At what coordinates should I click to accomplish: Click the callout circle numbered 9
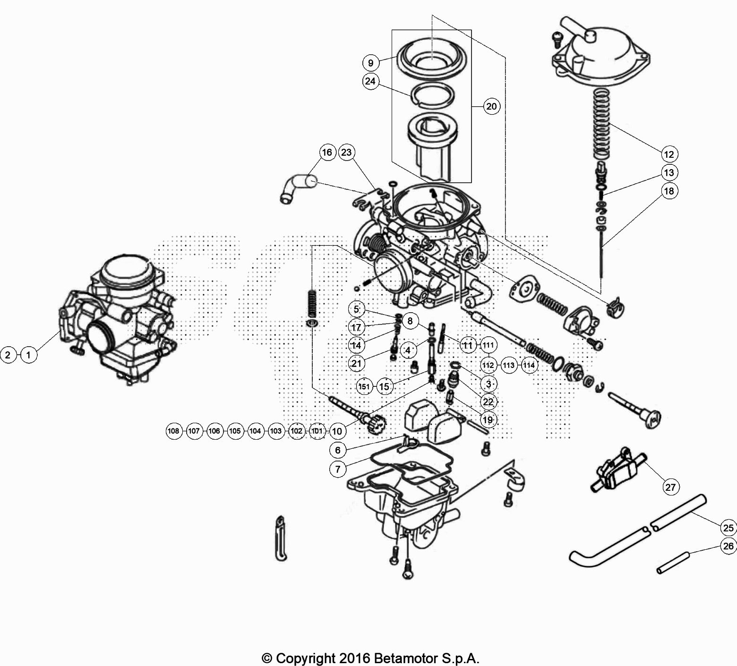371,62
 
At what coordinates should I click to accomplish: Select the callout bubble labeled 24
370,82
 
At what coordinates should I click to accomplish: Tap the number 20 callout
491,106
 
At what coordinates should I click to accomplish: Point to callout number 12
669,154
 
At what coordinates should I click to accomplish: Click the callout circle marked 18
669,191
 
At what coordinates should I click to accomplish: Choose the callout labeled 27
670,487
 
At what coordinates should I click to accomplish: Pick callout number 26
728,546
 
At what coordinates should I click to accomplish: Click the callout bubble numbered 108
174,431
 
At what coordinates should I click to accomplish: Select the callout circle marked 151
364,386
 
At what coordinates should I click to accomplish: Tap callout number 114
529,365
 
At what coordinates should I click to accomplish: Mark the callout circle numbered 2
8,354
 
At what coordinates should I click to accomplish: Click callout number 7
338,469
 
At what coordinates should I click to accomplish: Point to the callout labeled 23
347,152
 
